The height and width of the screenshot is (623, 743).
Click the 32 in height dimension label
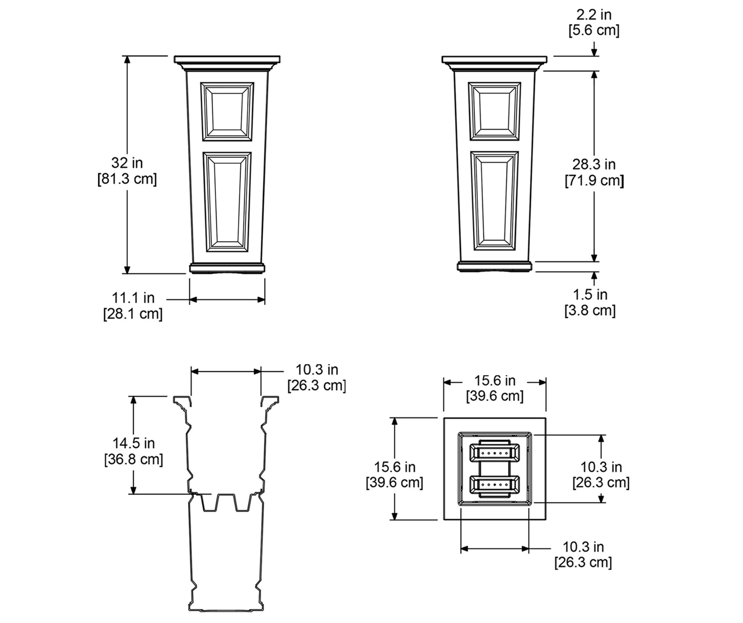(x=127, y=163)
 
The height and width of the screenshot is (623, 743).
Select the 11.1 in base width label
(x=133, y=298)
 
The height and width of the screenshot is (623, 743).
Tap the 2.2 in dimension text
(x=594, y=15)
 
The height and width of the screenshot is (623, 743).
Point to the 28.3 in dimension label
(x=594, y=164)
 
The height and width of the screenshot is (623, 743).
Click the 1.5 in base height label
(x=590, y=294)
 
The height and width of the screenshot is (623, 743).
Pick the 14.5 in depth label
(x=134, y=443)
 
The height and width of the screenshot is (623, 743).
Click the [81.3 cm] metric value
(x=127, y=179)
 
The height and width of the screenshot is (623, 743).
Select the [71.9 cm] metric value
(x=594, y=181)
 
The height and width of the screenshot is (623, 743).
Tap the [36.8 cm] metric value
(x=134, y=459)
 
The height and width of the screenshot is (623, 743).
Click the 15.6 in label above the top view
(x=495, y=380)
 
